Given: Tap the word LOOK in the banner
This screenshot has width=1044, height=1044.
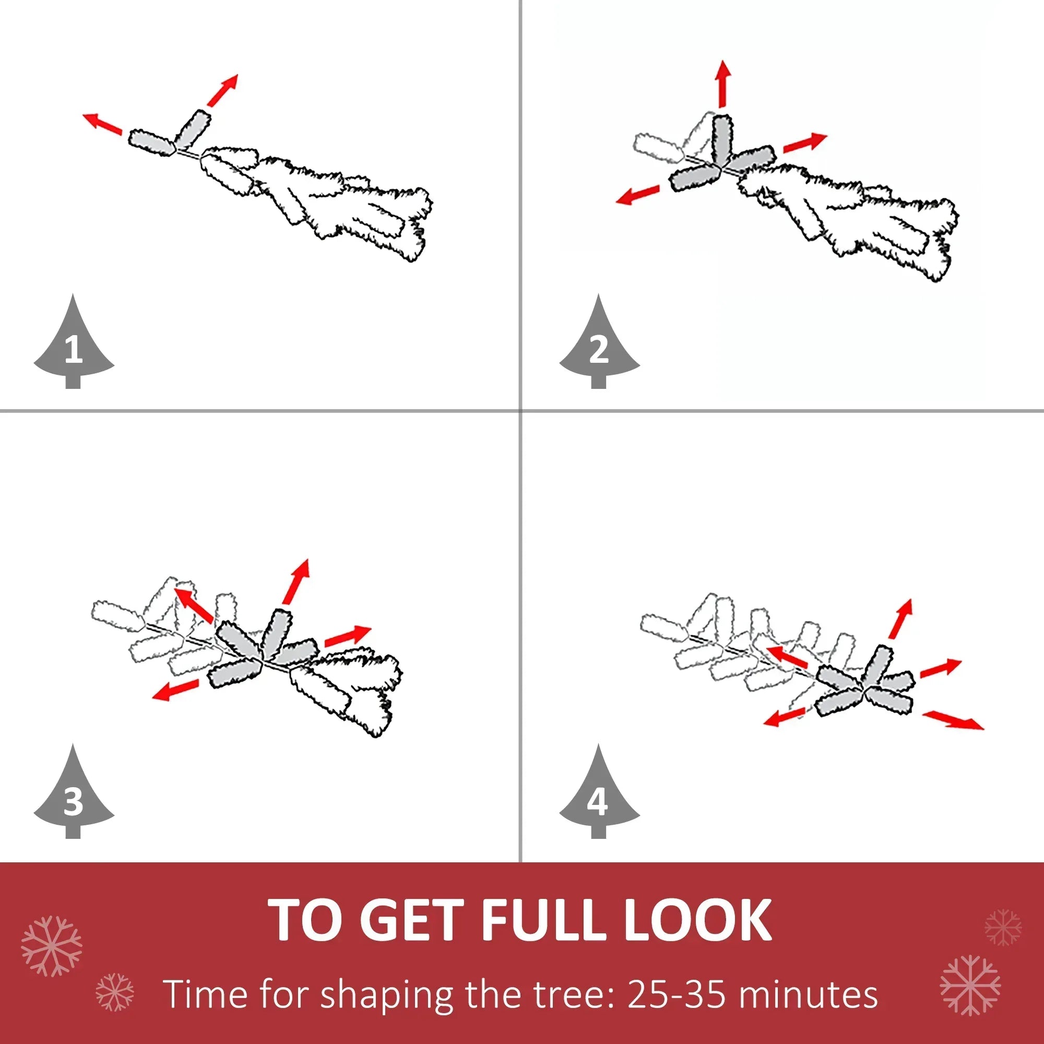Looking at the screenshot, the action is click(x=697, y=919).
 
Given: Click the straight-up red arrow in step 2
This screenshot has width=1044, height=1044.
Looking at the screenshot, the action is click(x=723, y=84).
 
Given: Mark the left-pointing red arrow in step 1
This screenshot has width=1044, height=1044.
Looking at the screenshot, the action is click(x=102, y=124).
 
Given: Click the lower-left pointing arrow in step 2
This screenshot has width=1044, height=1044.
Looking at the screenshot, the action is click(x=638, y=195).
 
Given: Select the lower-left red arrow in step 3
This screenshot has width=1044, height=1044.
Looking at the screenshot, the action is click(x=175, y=690).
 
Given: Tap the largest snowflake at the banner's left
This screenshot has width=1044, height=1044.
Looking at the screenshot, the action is click(x=51, y=946).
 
